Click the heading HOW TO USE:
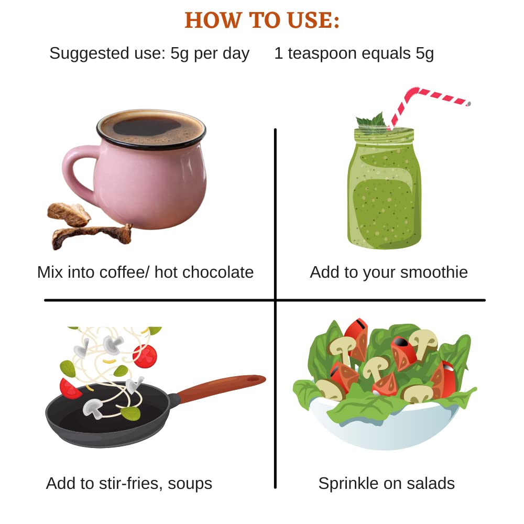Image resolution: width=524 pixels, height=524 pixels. (262, 20)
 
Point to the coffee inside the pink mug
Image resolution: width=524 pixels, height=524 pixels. (151, 129)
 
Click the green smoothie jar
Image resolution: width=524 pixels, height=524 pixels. (384, 188)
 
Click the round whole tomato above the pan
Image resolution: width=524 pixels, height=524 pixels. (145, 356)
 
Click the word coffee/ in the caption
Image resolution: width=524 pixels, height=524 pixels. (124, 272)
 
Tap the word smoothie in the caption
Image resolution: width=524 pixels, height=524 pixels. (434, 272)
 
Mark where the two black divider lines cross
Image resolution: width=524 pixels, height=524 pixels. (275, 300)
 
